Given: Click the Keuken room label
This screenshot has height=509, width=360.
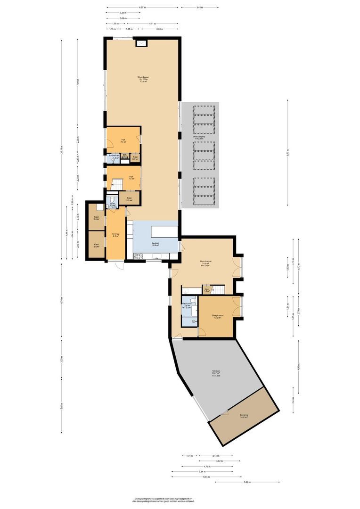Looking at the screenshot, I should [155, 244].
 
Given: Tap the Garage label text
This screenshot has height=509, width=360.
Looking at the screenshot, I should [216, 373].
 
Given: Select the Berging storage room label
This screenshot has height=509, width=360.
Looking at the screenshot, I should [244, 416].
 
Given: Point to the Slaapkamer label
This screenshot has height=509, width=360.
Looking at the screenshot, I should [217, 316].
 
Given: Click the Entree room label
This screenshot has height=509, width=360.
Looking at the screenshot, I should [115, 235].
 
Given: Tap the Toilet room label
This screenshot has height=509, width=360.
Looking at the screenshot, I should [112, 205].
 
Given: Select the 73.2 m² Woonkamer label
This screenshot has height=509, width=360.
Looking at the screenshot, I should [142, 79].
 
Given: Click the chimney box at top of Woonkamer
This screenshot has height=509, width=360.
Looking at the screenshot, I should [141, 43].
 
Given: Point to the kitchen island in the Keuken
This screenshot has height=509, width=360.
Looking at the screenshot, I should [164, 231].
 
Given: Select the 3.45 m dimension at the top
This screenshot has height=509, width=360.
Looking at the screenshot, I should [200, 8].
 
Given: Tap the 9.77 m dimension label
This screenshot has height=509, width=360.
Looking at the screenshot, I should [287, 152].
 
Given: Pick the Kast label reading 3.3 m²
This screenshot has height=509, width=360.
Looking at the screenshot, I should [129, 199].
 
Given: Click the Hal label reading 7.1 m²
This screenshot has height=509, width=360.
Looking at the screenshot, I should [123, 140].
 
